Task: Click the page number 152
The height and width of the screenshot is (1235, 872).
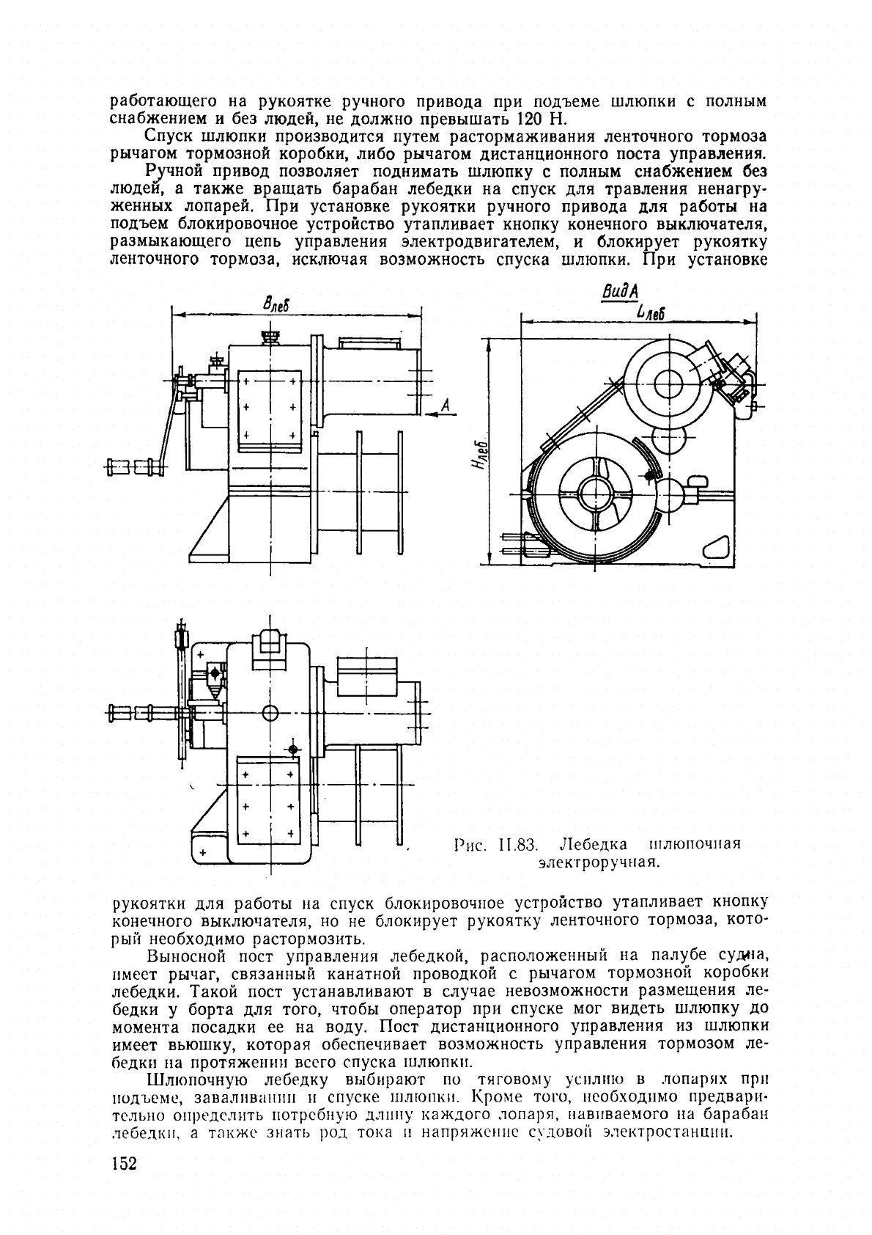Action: [x=124, y=1164]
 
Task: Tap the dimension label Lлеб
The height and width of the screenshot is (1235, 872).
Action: [x=650, y=312]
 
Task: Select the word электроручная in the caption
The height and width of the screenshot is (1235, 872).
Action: [x=599, y=862]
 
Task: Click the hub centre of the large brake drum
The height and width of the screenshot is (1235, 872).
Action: [x=594, y=491]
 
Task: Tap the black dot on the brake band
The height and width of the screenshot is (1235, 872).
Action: [x=651, y=477]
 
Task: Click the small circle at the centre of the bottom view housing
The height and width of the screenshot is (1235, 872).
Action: [x=270, y=711]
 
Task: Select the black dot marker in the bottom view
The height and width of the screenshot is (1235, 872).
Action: [x=293, y=749]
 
